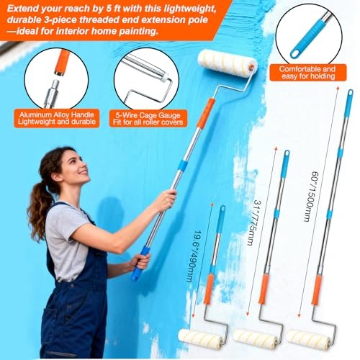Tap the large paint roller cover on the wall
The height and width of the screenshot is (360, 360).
coord(228,63)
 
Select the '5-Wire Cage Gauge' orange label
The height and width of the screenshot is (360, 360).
coord(149,117)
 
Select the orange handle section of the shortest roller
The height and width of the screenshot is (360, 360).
coord(209,289)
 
